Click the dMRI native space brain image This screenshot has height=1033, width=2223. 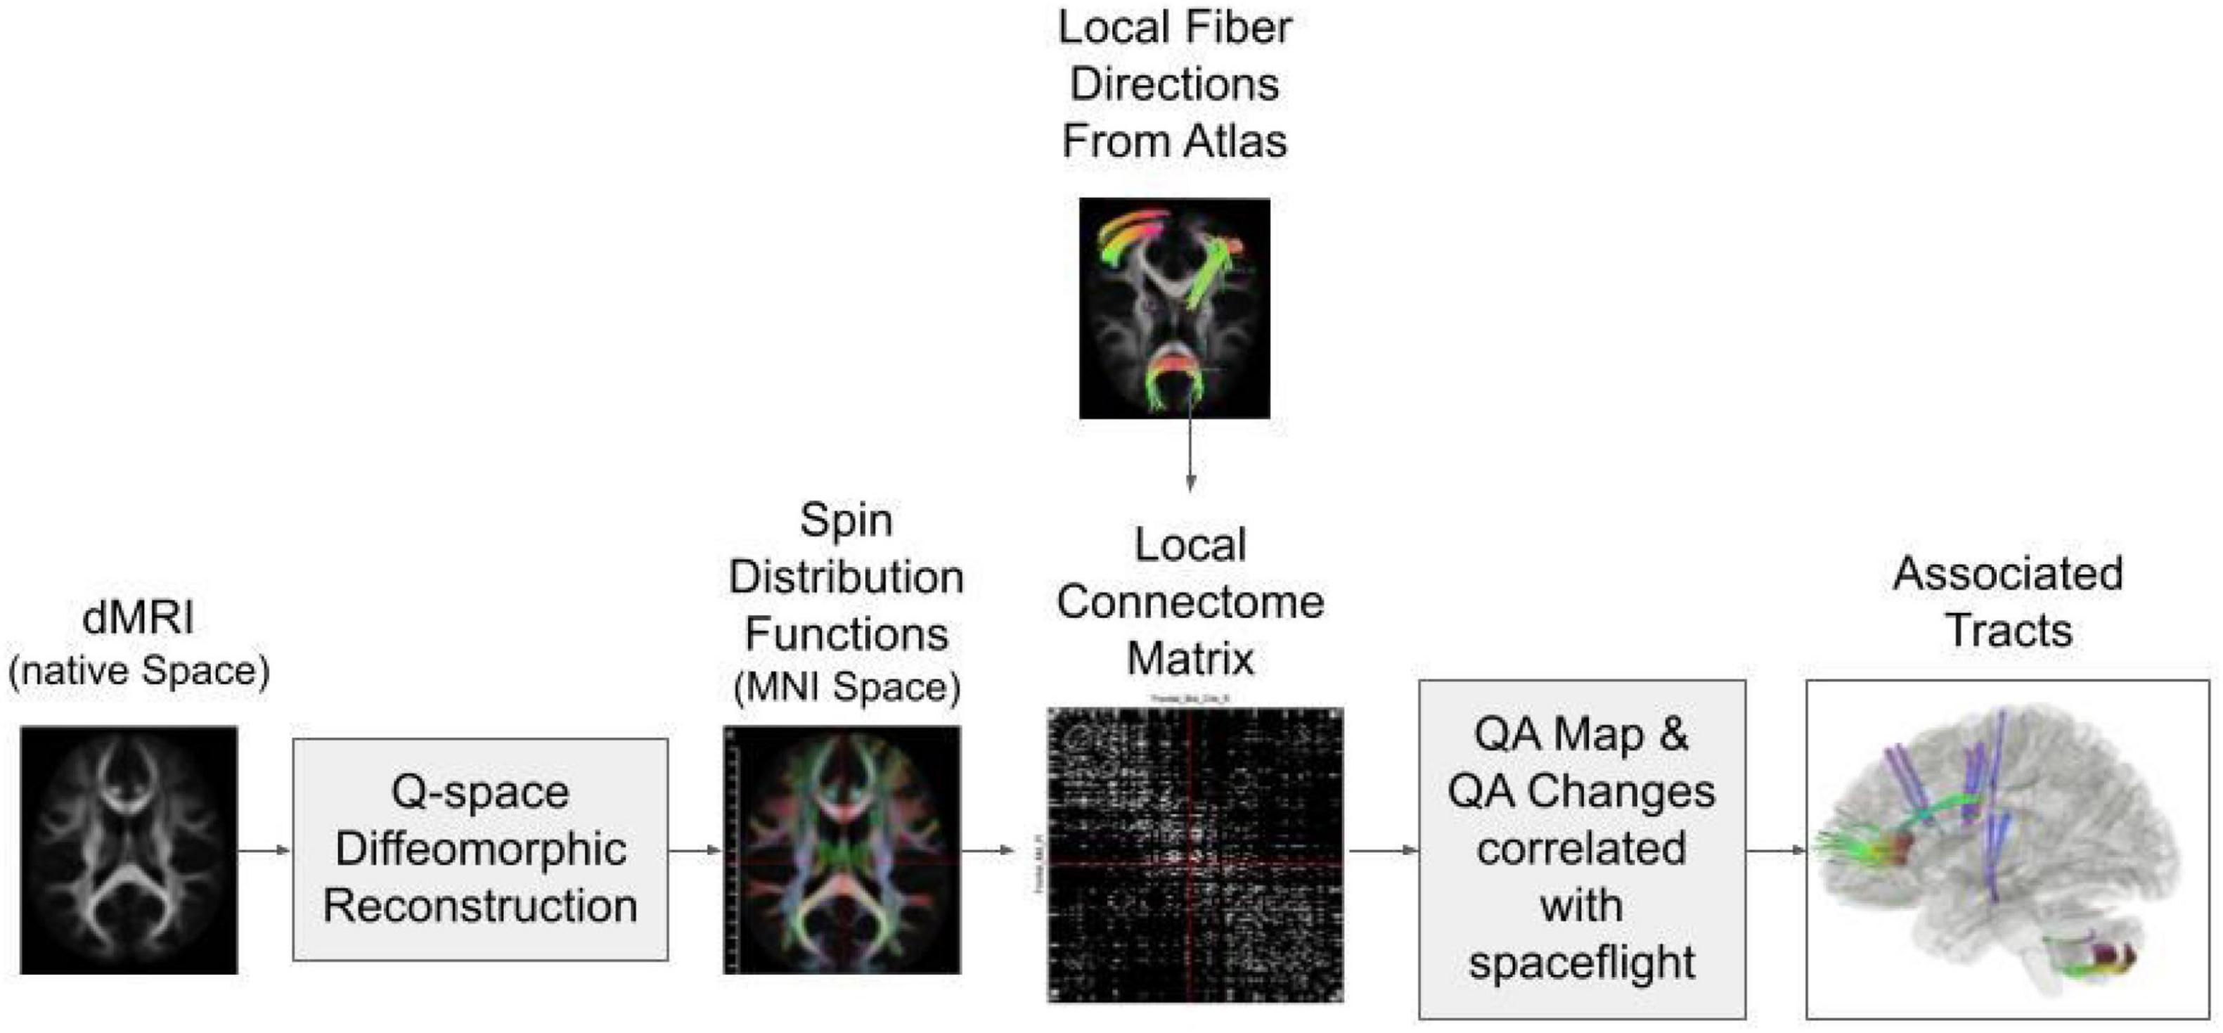(129, 849)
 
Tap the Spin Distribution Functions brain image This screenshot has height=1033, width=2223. (842, 849)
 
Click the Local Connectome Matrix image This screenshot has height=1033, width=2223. (1195, 854)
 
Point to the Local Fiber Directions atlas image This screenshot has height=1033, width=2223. (1175, 308)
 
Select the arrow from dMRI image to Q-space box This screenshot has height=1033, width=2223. (264, 851)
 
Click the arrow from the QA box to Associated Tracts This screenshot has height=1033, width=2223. (1776, 851)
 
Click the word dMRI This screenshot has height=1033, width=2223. (138, 618)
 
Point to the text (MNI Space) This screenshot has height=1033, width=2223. (846, 688)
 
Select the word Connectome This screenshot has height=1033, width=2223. (1190, 603)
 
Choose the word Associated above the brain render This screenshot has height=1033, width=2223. (2007, 574)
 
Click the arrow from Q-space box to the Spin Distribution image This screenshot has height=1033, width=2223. (695, 851)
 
